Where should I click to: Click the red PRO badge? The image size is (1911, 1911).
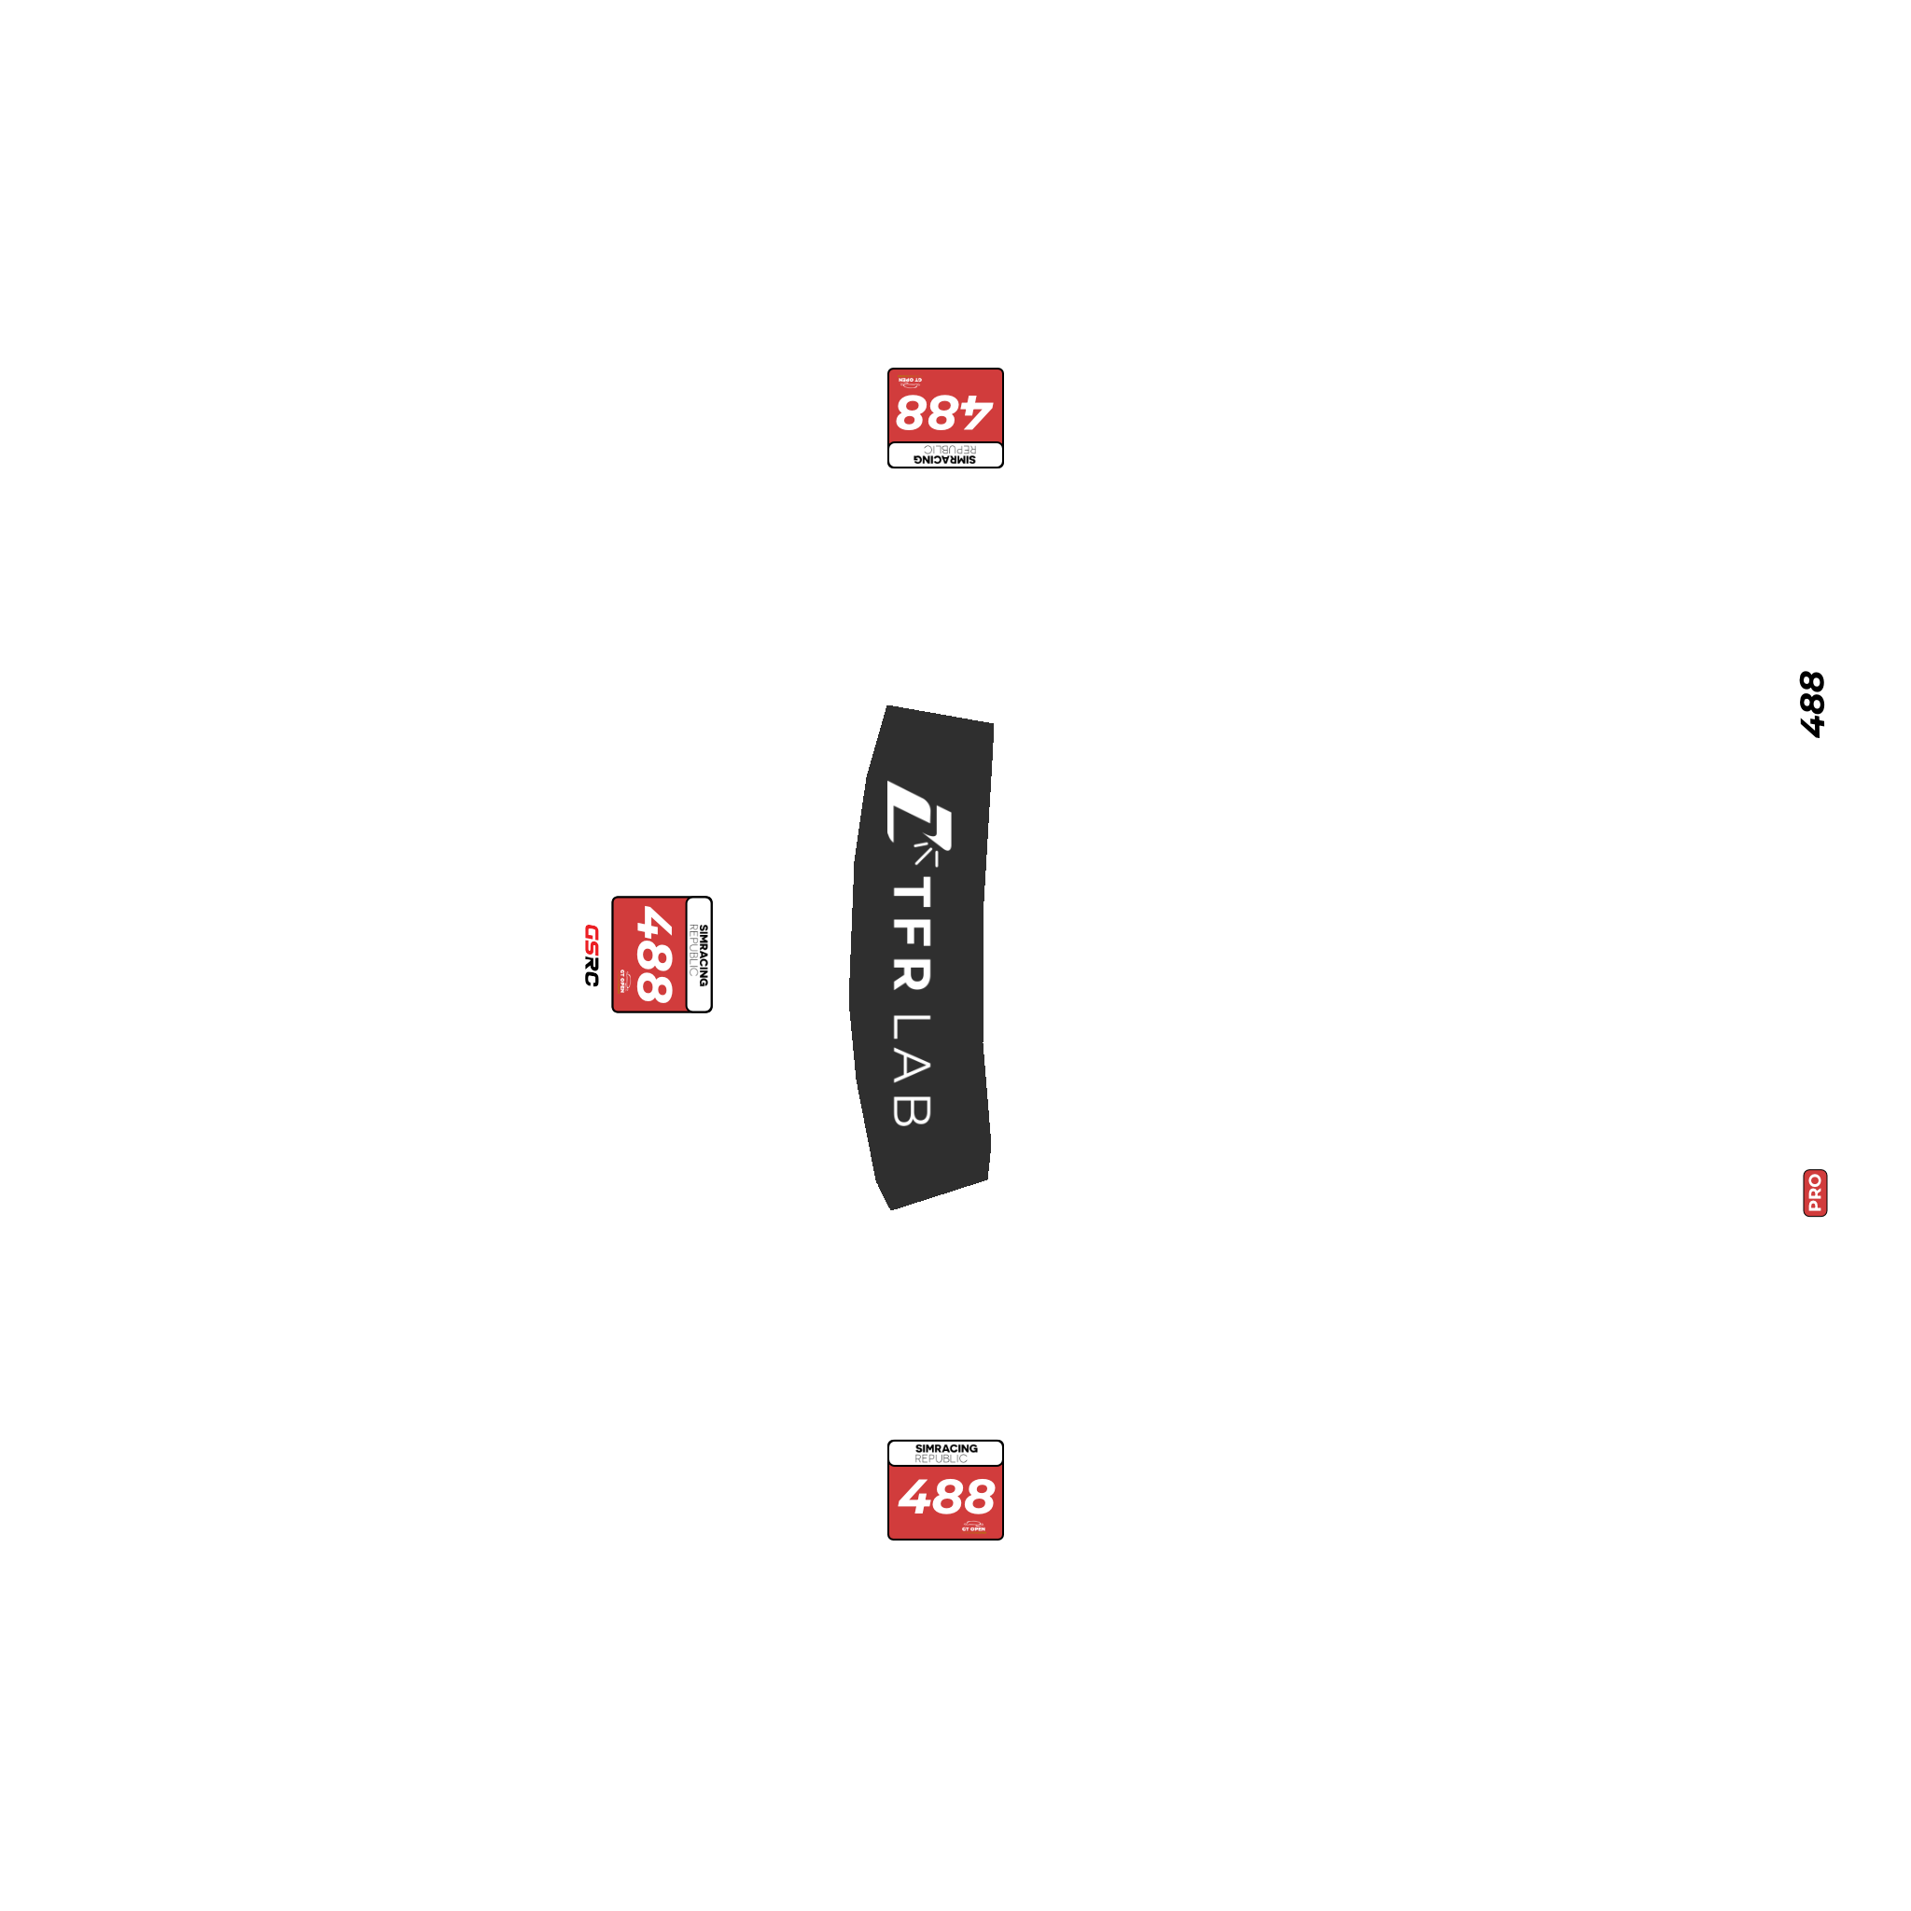1815,1193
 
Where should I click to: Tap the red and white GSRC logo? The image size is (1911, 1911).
592,955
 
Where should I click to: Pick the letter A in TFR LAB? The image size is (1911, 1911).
912,1067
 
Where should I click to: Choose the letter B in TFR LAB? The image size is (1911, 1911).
912,1109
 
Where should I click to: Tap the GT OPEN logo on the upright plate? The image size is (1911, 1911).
973,1527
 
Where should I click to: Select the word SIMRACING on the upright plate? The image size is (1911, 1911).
945,1448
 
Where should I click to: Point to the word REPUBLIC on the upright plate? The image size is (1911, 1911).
941,1459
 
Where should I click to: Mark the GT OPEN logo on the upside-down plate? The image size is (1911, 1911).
910,382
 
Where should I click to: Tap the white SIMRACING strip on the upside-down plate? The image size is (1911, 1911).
944,455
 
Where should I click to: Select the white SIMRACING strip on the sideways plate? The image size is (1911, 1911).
699,955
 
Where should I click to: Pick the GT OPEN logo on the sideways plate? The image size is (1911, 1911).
624,981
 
